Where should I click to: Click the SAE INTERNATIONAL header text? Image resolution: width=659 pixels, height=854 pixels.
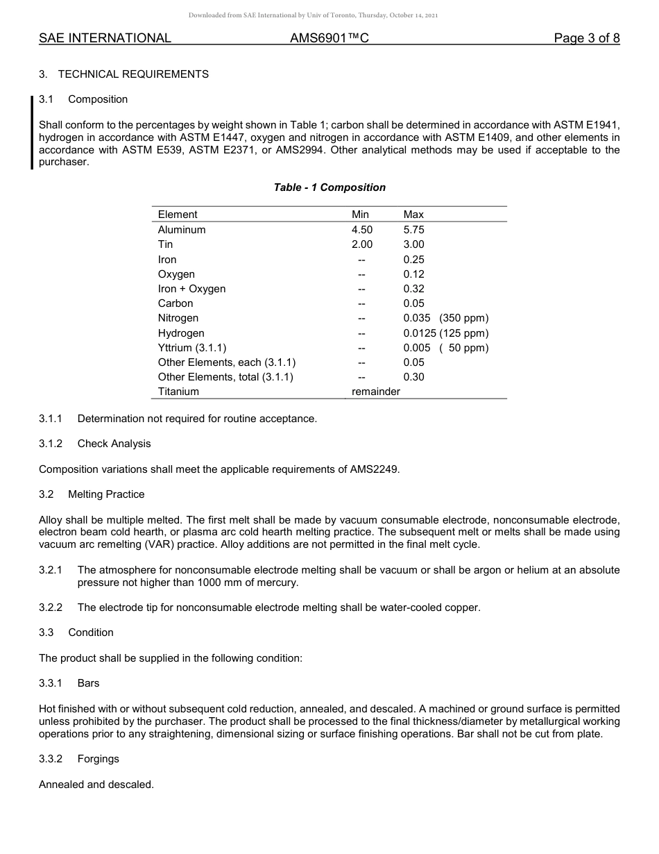point(105,38)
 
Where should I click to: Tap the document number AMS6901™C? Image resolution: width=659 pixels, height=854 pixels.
point(329,38)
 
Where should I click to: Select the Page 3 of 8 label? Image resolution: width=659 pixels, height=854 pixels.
point(586,38)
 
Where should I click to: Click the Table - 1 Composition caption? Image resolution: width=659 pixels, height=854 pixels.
point(329,187)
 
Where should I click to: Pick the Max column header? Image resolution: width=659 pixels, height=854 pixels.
point(413,215)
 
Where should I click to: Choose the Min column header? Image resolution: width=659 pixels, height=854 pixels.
point(360,215)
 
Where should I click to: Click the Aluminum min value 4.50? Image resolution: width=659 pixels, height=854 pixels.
point(361,230)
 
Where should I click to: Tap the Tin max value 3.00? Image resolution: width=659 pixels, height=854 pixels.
point(413,244)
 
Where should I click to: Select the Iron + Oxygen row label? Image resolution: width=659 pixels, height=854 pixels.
point(191,289)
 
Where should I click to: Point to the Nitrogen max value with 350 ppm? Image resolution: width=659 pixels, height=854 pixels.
point(445,318)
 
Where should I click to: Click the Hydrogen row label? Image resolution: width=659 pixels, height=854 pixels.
point(181,333)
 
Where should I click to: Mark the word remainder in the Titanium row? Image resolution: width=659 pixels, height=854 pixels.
point(376,392)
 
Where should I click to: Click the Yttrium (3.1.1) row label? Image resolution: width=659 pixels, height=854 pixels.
point(192,348)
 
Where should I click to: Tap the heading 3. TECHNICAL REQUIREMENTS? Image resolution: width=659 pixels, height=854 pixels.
point(123,74)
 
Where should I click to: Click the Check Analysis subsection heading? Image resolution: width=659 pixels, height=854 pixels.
point(114,444)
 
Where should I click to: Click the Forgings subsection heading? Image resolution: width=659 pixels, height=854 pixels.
point(98,759)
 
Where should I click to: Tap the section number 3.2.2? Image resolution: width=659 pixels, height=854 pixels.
point(51,608)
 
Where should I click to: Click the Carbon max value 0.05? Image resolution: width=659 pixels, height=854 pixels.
point(413,303)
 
